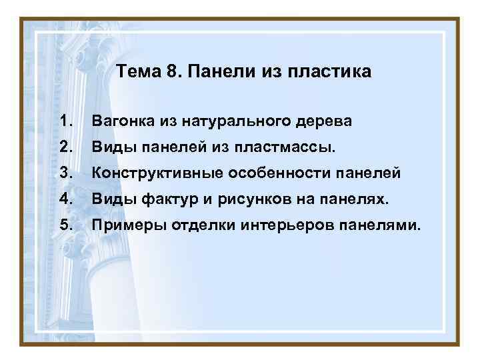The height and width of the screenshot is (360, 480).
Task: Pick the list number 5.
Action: [65, 225]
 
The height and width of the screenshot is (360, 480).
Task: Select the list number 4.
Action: [65, 199]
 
